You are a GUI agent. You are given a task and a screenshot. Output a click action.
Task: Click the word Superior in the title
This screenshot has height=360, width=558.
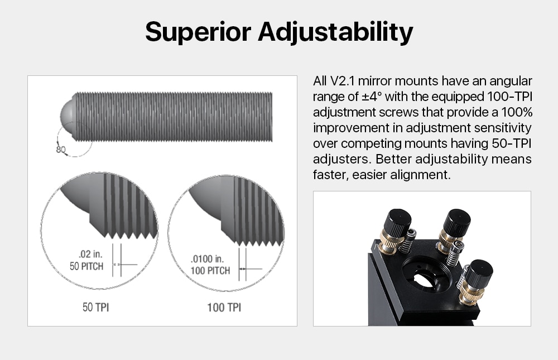point(198,32)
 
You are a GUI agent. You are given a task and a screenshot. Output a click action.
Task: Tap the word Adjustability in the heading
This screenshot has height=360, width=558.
point(335,32)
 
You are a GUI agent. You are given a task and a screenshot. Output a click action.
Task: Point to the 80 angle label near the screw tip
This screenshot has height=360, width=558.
point(60,149)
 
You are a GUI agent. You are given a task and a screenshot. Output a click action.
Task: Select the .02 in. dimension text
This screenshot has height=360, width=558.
point(90,255)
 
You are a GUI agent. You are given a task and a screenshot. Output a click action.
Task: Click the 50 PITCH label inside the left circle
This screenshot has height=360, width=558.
point(86,266)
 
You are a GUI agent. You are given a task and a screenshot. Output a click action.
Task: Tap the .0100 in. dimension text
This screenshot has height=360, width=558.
point(207,259)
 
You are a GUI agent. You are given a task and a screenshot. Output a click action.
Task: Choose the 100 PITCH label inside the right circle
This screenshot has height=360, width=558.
point(210,271)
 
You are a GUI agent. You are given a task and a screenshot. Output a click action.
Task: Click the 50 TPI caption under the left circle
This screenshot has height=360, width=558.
point(96,308)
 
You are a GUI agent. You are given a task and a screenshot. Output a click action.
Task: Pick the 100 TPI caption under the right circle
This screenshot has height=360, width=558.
point(224,308)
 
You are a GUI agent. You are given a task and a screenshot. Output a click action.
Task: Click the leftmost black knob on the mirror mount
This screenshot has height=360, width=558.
point(397,221)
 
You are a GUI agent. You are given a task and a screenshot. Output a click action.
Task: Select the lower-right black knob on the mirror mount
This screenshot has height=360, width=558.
point(479,272)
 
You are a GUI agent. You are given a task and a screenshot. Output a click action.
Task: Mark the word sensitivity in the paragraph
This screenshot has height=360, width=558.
point(503,128)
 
